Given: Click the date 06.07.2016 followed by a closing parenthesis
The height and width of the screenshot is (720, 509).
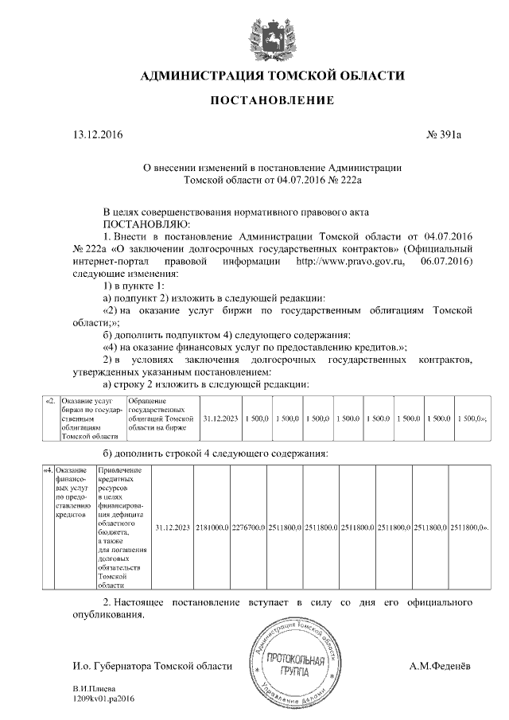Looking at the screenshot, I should (x=445, y=261).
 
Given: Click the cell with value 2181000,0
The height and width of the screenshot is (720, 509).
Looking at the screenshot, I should (x=212, y=527).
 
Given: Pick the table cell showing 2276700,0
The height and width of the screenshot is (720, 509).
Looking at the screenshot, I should (x=249, y=527).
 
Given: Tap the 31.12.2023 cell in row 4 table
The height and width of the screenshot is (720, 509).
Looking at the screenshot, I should (x=172, y=527).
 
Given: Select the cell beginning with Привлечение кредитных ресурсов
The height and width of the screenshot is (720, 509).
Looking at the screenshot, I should (x=122, y=527).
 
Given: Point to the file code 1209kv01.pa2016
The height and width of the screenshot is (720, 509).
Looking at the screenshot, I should (x=104, y=698).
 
